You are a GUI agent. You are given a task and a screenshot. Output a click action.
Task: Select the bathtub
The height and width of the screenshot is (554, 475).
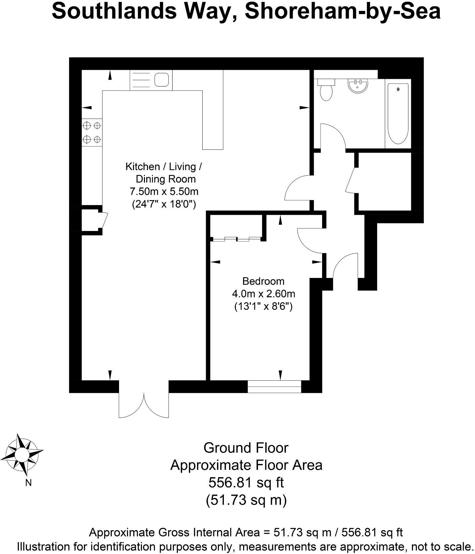[x=398, y=114]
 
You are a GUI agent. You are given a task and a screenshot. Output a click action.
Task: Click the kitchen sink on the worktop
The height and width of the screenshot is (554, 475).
[x=162, y=80]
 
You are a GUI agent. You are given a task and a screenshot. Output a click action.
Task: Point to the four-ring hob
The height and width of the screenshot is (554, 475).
[x=92, y=132]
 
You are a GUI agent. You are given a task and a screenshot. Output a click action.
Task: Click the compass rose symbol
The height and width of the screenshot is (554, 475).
[x=23, y=454]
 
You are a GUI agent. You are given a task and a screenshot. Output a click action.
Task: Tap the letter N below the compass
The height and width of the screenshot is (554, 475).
[x=28, y=483]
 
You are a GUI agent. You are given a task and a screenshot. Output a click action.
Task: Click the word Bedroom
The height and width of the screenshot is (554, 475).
[x=263, y=281]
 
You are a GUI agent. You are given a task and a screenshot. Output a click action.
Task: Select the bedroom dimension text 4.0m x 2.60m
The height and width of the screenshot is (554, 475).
[x=263, y=294]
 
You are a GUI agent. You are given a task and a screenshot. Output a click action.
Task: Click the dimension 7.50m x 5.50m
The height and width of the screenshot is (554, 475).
[x=164, y=192]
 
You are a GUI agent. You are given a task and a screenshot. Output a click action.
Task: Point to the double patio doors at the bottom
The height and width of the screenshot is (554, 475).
[x=144, y=405]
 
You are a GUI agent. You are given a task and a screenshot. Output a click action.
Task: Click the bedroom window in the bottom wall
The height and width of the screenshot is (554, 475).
[x=274, y=386]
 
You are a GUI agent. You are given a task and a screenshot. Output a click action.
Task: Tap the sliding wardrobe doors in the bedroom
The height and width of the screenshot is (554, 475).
[x=237, y=239]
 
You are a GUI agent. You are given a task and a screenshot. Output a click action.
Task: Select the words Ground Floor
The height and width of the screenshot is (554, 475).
[x=246, y=448]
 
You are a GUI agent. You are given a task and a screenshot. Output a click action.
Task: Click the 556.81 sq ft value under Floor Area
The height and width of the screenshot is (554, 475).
[x=246, y=482]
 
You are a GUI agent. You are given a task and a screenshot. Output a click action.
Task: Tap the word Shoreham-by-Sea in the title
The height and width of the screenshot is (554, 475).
[x=343, y=11]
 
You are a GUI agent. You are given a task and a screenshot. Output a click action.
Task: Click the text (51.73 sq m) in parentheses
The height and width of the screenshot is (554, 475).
[x=246, y=500]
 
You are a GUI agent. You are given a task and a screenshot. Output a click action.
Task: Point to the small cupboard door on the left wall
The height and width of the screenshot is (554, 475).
[x=105, y=220]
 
